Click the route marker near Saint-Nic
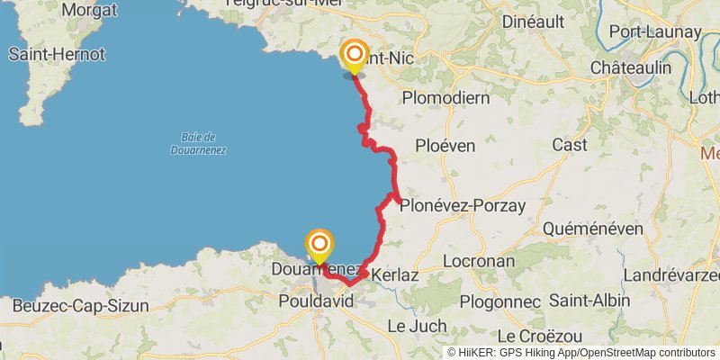tap(354, 55)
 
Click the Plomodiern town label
tap(445, 96)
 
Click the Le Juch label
tap(418, 324)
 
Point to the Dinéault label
tap(540, 20)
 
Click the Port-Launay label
tap(655, 31)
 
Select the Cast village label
tap(570, 145)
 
